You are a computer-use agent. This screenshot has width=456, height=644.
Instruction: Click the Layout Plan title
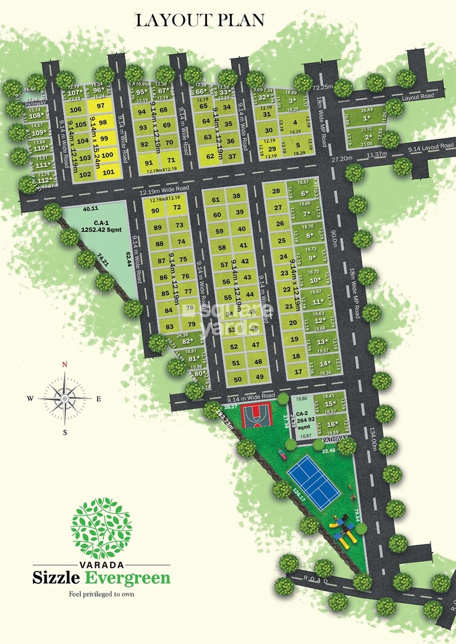(200, 20)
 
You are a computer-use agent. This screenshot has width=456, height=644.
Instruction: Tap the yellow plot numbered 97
(101, 106)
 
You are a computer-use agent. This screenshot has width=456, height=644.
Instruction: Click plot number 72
(177, 208)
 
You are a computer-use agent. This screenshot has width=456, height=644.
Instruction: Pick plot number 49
(259, 377)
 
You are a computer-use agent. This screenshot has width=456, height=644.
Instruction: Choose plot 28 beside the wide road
(277, 192)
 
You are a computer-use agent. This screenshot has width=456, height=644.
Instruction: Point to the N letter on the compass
(65, 365)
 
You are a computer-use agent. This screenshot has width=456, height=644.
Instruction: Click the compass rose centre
(65, 398)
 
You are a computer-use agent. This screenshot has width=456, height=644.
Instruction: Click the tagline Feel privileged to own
(101, 594)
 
